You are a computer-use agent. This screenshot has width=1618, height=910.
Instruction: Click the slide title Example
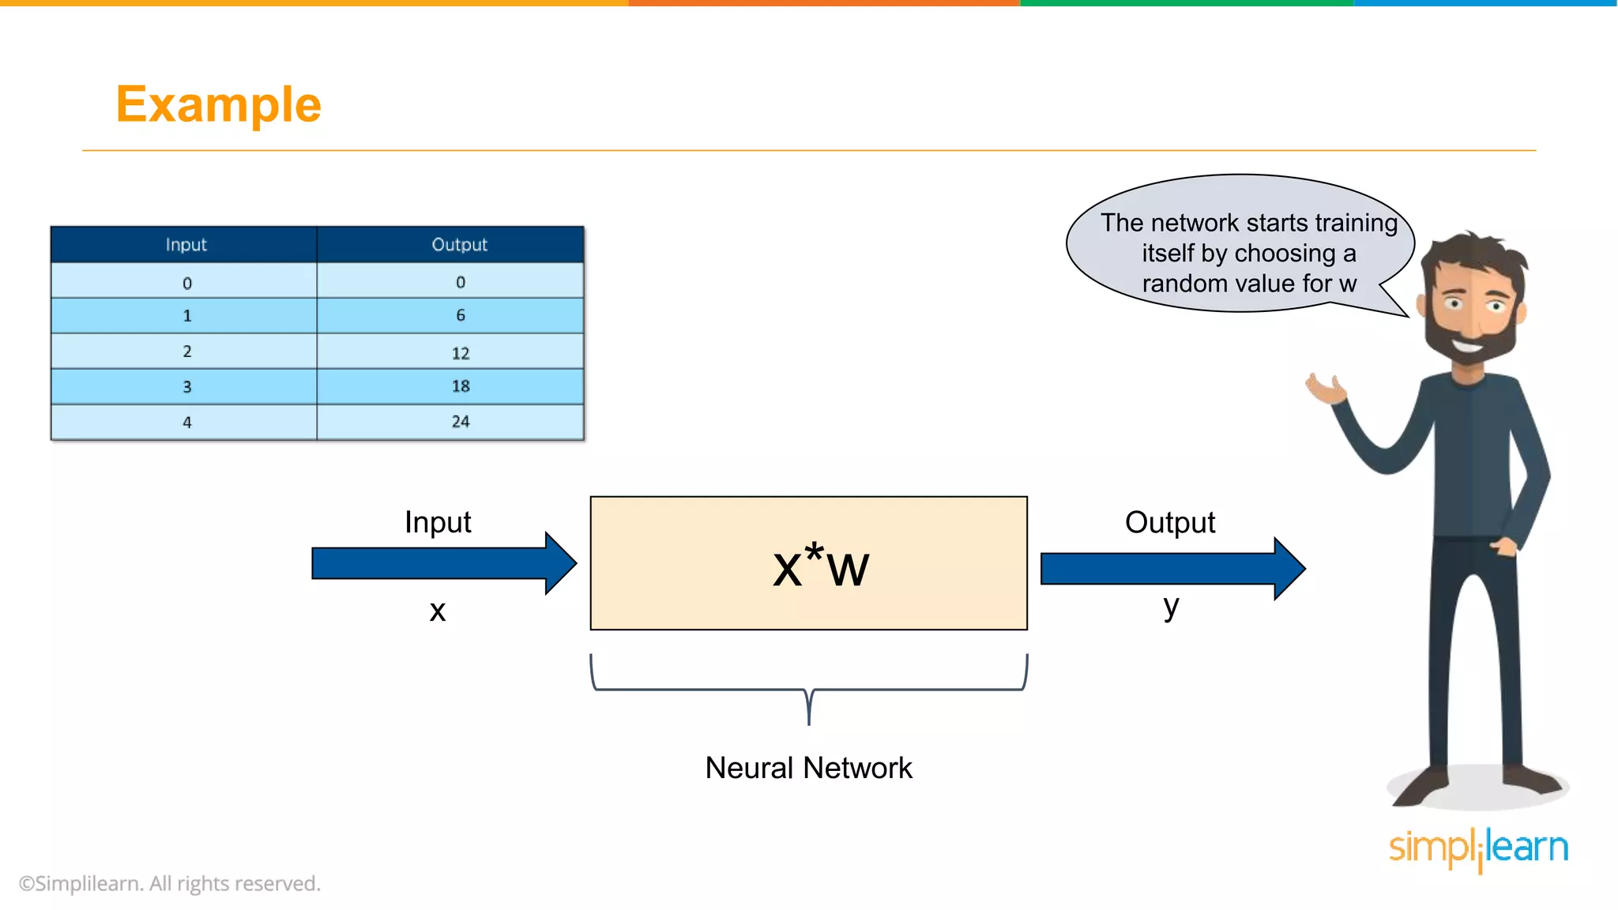(218, 104)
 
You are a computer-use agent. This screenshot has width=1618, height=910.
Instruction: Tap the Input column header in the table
(186, 245)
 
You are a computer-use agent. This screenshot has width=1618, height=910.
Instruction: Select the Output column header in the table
(459, 245)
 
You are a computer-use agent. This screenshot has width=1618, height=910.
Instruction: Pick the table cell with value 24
(460, 422)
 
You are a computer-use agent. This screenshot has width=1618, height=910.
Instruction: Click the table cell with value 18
(460, 386)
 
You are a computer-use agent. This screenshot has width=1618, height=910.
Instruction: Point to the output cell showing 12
(460, 352)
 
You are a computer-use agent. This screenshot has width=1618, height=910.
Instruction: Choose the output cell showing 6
(460, 315)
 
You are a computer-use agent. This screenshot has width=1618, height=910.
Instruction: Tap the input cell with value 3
(187, 387)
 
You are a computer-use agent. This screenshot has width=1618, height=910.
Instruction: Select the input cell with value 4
(187, 423)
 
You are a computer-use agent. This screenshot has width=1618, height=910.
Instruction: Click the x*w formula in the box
(820, 566)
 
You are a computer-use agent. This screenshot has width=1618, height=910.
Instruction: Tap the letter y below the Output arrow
(1171, 607)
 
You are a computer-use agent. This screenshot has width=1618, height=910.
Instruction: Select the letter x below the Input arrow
(438, 611)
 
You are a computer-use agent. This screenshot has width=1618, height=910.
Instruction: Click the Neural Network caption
(808, 768)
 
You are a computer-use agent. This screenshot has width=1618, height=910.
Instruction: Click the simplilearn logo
(1478, 848)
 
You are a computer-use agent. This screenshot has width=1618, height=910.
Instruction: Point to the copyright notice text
(170, 883)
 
